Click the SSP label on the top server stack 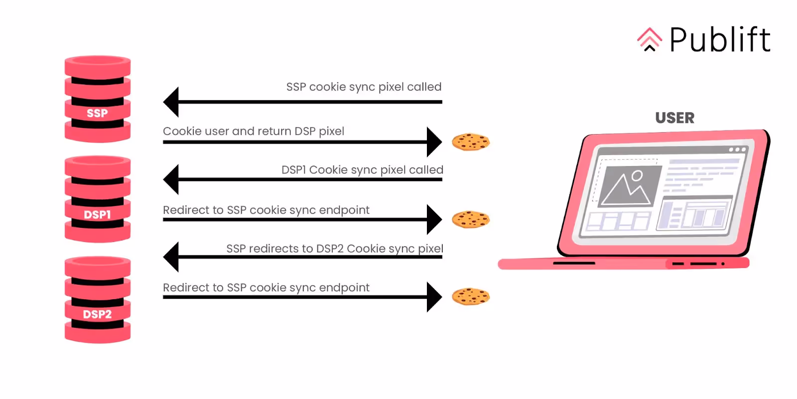pos(97,113)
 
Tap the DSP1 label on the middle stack pos(97,214)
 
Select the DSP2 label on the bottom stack pos(97,314)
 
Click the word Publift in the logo pos(720,40)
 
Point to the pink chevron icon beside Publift pos(650,39)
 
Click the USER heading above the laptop pos(674,118)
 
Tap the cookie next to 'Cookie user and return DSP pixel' pos(471,142)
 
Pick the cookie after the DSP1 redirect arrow pos(471,219)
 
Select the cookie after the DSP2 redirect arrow pos(471,297)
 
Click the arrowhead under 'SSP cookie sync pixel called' pos(171,102)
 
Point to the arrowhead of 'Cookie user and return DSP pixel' pos(434,142)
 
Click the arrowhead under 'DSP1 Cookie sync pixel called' pos(171,180)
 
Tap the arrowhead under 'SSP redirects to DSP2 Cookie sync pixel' pos(171,257)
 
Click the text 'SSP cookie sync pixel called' pos(364,87)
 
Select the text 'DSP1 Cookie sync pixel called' pos(362,170)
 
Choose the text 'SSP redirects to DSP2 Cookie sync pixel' pos(335,248)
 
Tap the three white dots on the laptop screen pos(737,150)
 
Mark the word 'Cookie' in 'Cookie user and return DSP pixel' pos(182,131)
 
